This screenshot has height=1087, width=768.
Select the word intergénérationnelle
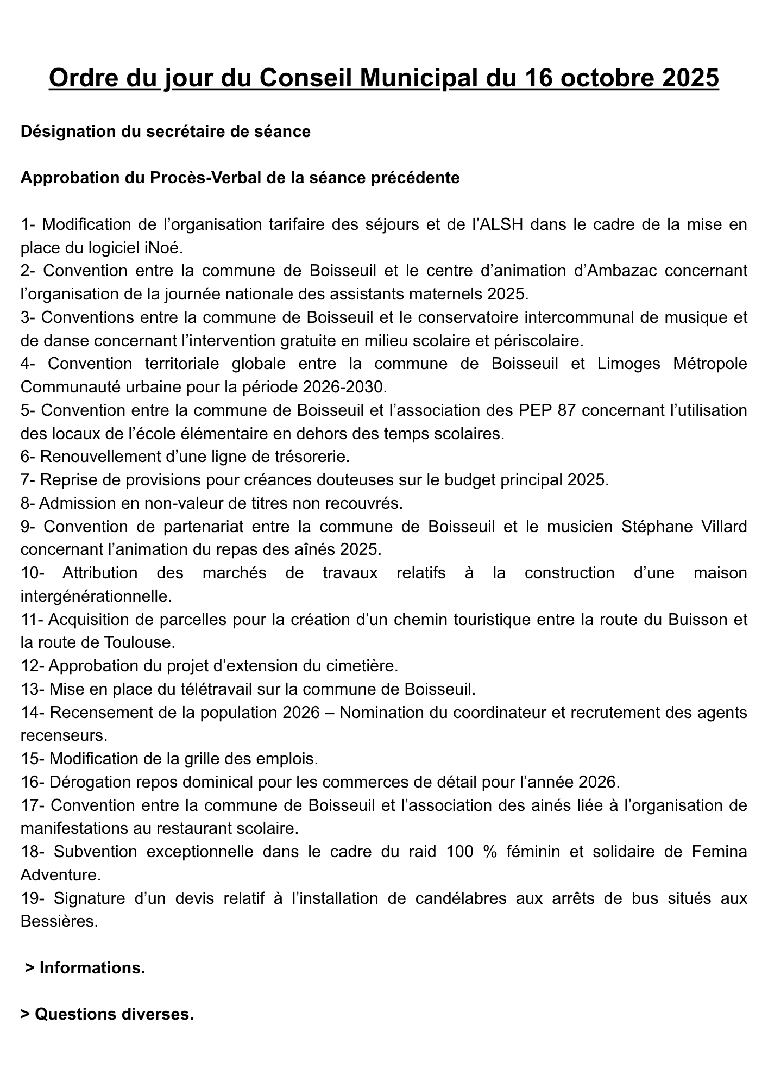[95, 597]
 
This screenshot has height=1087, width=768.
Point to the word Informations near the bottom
[92, 968]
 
